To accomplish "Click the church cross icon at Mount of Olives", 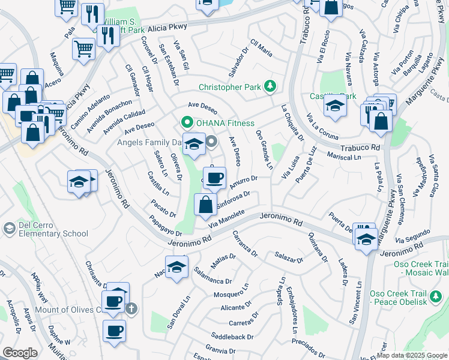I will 131,309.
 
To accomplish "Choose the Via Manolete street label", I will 227,218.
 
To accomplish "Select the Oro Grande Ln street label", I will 264,149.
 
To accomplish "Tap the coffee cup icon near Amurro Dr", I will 214,178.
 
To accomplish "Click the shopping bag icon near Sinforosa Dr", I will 205,205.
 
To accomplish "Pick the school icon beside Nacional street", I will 176,268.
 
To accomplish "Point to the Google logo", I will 20,353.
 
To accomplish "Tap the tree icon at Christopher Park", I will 270,86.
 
